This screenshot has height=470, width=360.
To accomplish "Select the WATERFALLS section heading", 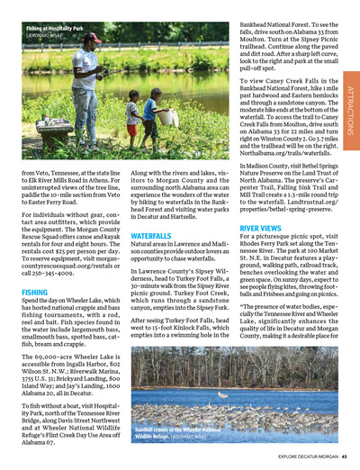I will (151, 235).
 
